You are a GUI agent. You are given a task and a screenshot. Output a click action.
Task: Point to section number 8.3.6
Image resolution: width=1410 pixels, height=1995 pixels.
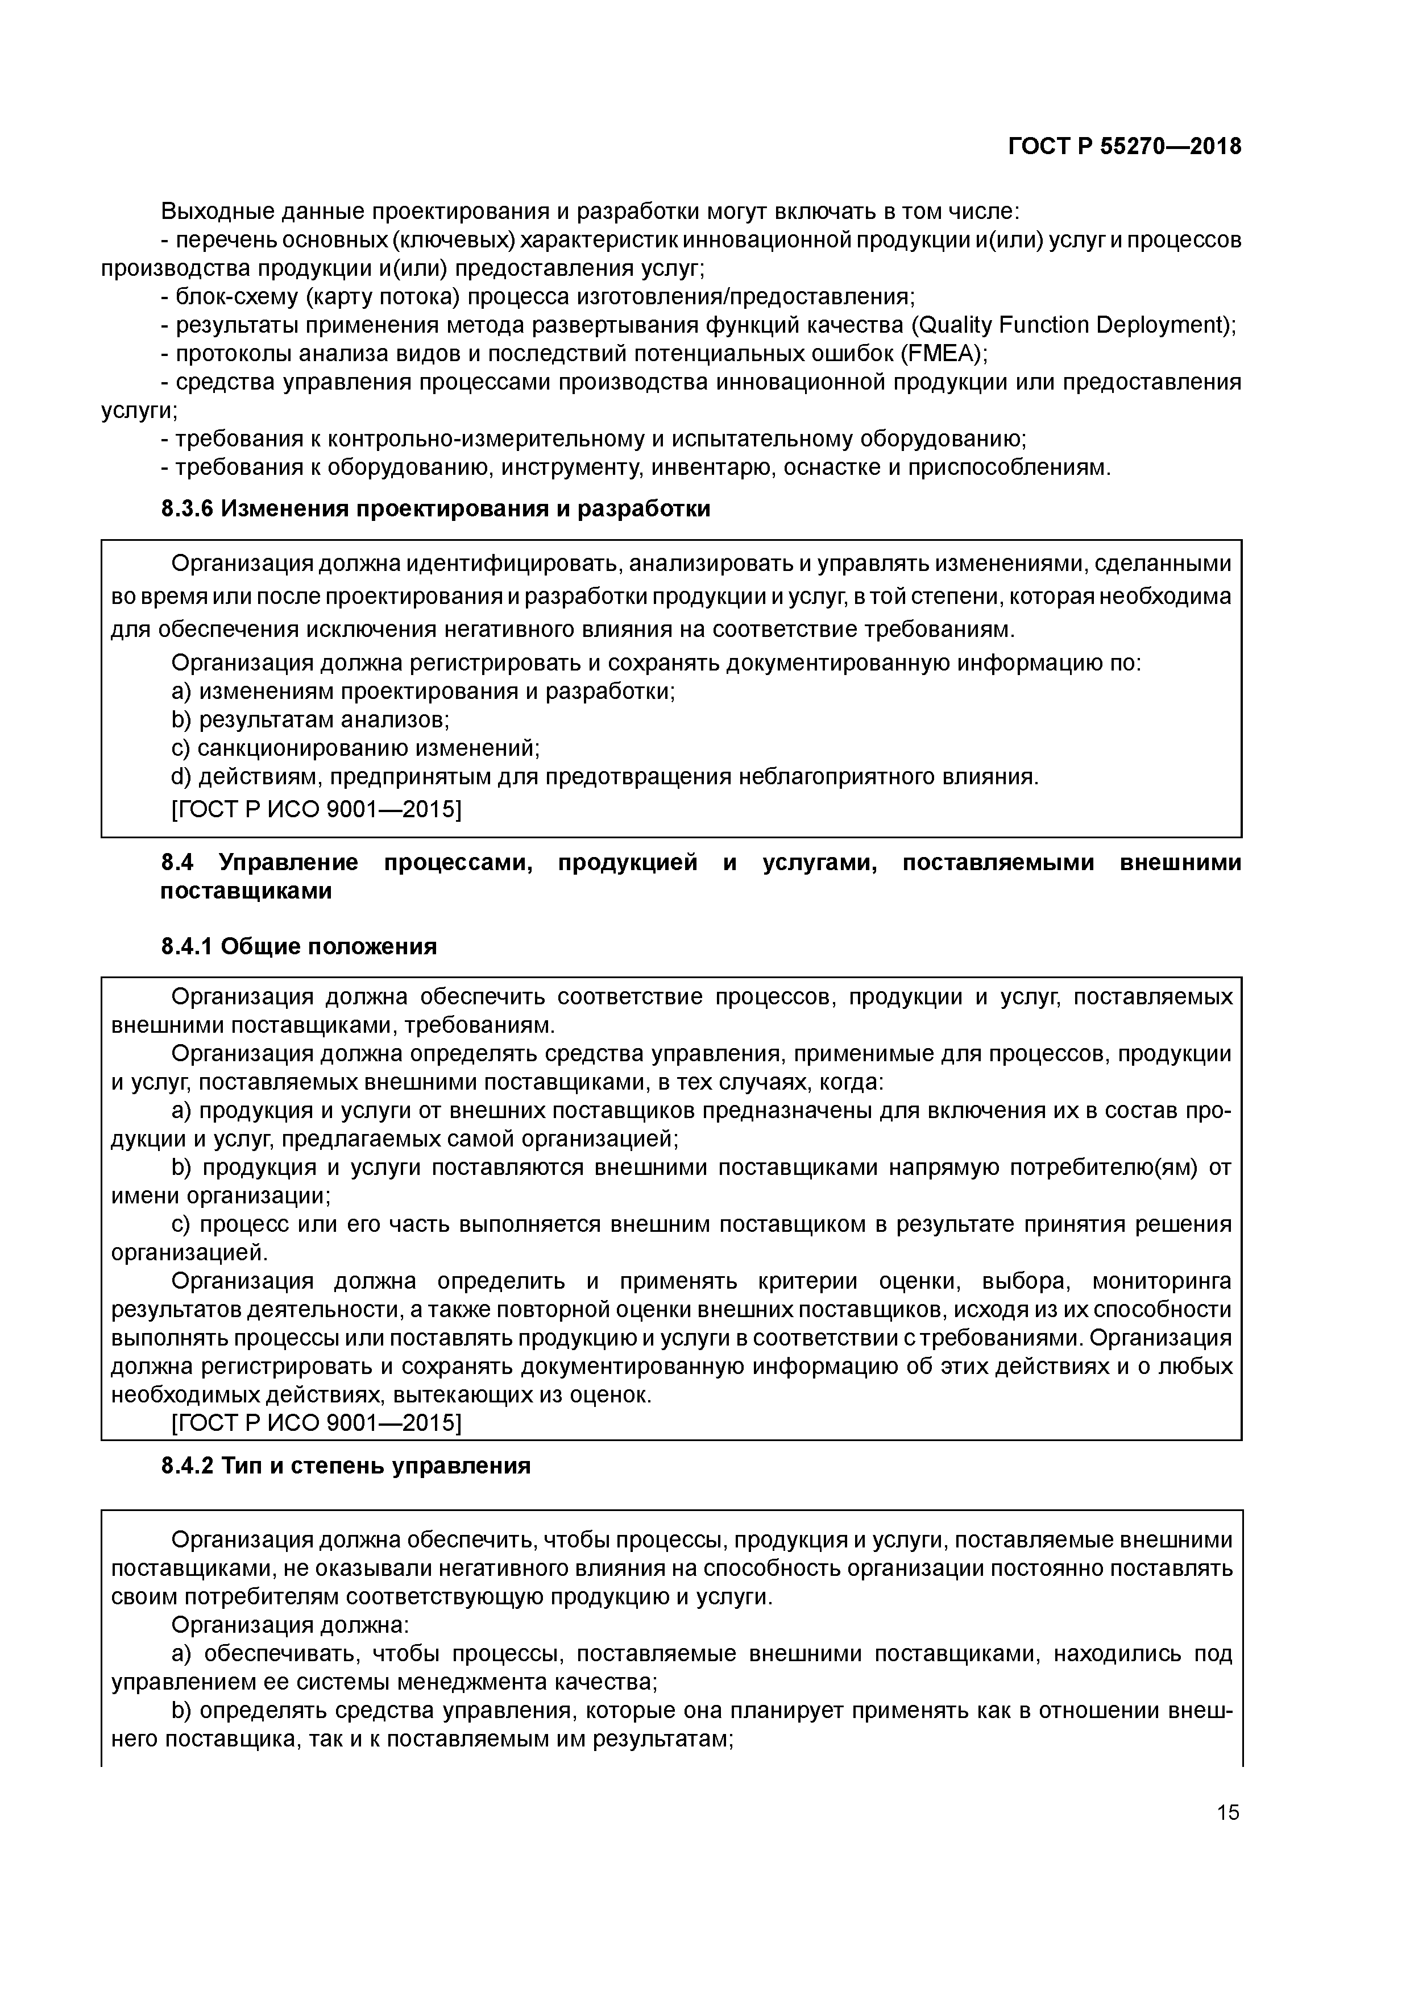click(x=187, y=509)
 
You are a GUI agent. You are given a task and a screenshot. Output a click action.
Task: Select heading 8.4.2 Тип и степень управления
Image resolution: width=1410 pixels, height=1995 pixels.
click(x=345, y=1466)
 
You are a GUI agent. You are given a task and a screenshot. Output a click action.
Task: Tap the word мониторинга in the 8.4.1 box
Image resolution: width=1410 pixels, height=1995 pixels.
click(x=1162, y=1281)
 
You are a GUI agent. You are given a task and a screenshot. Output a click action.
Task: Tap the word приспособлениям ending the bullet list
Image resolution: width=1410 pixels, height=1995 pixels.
click(x=1009, y=469)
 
